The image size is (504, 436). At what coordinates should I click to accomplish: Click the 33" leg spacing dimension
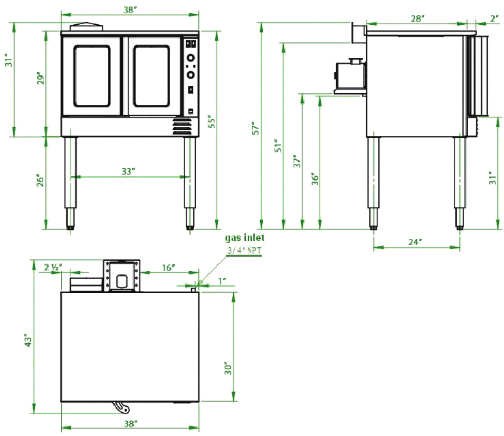[x=128, y=171]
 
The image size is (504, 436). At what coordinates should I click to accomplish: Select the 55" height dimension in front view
[x=212, y=122]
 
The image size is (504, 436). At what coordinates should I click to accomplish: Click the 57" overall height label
[x=255, y=128]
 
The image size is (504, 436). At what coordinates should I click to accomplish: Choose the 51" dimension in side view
[x=278, y=146]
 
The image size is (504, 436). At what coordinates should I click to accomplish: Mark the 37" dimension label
[x=297, y=161]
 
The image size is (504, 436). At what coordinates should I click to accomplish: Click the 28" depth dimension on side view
[x=417, y=18]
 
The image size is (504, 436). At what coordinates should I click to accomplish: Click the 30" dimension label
[x=227, y=368]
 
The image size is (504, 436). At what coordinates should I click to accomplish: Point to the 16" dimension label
[x=168, y=268]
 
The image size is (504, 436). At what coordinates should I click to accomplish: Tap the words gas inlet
[x=245, y=239]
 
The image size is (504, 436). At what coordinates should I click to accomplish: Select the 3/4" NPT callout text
[x=244, y=251]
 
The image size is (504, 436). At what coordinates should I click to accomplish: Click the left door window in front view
[x=92, y=76]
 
